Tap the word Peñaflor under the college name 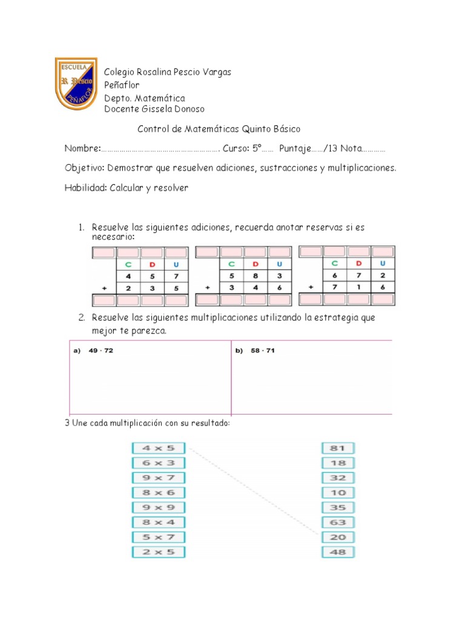pyautogui.click(x=122, y=85)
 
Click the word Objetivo pyautogui.click(x=85, y=168)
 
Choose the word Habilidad pyautogui.click(x=85, y=188)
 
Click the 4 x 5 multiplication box pyautogui.click(x=158, y=449)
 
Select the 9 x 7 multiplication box pyautogui.click(x=158, y=478)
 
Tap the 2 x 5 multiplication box pyautogui.click(x=158, y=552)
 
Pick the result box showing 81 pyautogui.click(x=338, y=449)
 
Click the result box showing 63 pyautogui.click(x=338, y=523)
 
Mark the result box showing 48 pyautogui.click(x=338, y=552)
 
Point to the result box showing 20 pyautogui.click(x=338, y=538)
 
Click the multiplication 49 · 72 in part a pyautogui.click(x=101, y=351)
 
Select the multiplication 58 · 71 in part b pyautogui.click(x=263, y=351)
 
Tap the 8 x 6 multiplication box pyautogui.click(x=158, y=493)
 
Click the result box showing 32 pyautogui.click(x=338, y=478)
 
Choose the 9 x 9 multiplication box pyautogui.click(x=158, y=508)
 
